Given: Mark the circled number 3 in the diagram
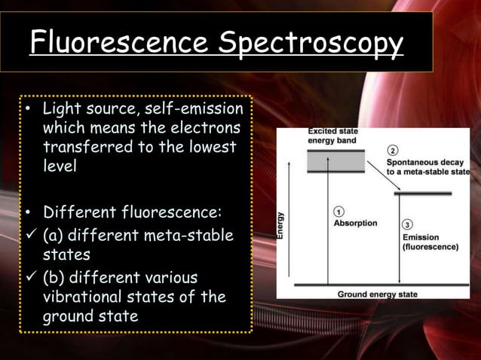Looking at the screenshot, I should (407, 224).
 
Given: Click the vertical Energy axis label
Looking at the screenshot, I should (281, 224).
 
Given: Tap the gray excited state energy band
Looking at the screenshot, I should (335, 161).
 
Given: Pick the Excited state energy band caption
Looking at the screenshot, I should (332, 136).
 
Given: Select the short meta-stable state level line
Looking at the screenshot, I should (423, 194).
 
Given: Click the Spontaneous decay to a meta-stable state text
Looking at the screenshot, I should (427, 166).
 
